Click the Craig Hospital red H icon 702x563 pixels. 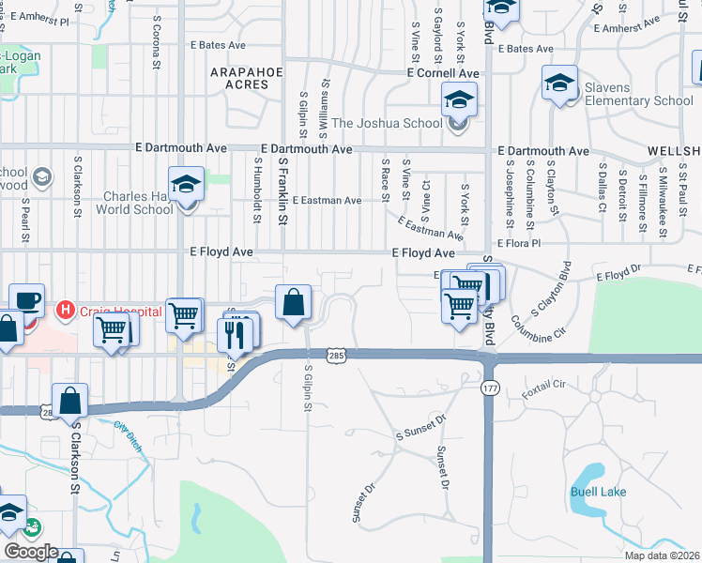65,309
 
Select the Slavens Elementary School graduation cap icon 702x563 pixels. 560,84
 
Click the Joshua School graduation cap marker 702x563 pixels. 460,99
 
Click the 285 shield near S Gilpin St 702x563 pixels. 335,355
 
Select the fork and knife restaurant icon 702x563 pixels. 236,333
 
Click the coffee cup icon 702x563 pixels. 27,300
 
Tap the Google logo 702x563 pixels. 31,552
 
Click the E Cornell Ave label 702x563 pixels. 443,72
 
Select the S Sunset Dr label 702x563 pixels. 419,431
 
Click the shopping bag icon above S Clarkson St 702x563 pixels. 71,401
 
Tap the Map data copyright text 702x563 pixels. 661,555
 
